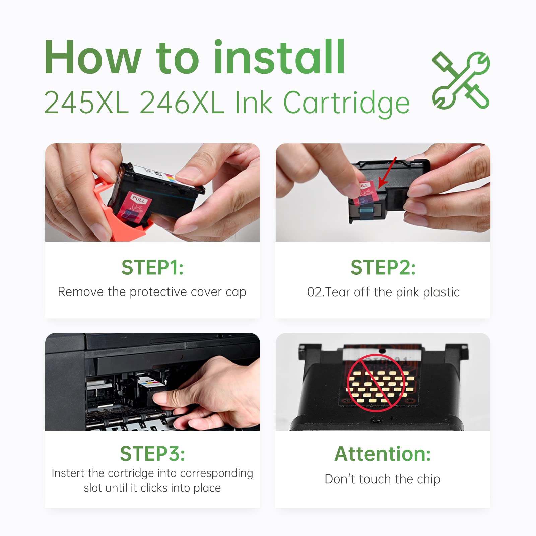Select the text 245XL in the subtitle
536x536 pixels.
click(86, 103)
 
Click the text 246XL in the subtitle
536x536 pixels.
click(182, 103)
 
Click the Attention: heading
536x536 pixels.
click(383, 454)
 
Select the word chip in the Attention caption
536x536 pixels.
click(428, 479)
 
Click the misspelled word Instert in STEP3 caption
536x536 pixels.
click(68, 473)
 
